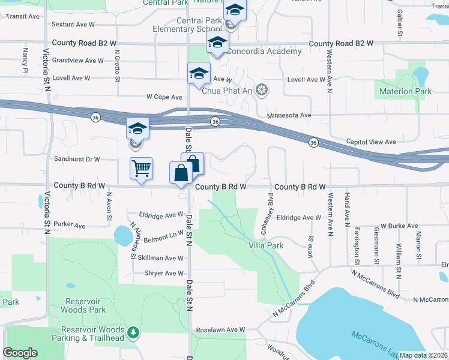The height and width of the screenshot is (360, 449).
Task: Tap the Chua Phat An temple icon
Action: (261, 91)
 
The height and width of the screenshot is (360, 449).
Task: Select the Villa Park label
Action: (266, 245)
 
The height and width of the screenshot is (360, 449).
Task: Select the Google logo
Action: (20, 353)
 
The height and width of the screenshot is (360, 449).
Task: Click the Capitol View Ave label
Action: (371, 142)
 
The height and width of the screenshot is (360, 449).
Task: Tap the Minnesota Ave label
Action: (289, 115)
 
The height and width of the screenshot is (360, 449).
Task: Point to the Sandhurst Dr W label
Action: (76, 160)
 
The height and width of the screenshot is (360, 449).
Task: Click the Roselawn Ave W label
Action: (221, 329)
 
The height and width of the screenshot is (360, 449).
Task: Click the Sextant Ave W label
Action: (74, 25)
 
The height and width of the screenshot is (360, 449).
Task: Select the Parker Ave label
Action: (71, 226)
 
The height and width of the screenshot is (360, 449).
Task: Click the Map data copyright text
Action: (423, 355)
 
